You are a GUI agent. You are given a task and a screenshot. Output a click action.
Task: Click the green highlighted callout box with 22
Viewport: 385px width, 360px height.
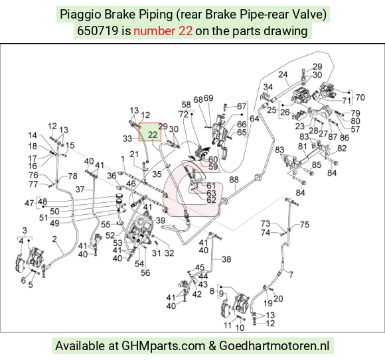pyautogui.click(x=150, y=132)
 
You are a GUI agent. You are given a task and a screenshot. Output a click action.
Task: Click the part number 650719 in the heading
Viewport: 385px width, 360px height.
pyautogui.click(x=98, y=31)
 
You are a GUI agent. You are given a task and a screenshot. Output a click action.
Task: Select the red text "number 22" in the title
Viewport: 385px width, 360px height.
pyautogui.click(x=163, y=31)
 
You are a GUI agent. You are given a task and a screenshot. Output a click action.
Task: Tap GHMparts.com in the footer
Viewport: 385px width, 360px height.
pyautogui.click(x=163, y=346)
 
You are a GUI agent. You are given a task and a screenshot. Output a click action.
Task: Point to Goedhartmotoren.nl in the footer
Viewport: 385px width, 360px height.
pyautogui.click(x=274, y=346)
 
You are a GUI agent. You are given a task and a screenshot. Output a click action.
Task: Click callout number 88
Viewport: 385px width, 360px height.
pyautogui.click(x=234, y=180)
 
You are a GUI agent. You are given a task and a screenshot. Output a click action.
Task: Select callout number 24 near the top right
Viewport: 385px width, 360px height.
pyautogui.click(x=283, y=74)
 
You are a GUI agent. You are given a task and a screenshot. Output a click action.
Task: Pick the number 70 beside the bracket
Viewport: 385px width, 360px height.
pyautogui.click(x=360, y=97)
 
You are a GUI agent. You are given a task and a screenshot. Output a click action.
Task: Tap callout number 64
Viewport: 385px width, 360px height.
pyautogui.click(x=254, y=119)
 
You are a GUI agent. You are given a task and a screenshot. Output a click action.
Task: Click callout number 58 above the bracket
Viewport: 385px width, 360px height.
pyautogui.click(x=186, y=105)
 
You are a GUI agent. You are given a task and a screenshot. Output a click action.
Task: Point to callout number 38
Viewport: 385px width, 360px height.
pyautogui.click(x=226, y=259)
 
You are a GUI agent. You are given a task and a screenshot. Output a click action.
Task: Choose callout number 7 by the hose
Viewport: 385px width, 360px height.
pyautogui.click(x=291, y=274)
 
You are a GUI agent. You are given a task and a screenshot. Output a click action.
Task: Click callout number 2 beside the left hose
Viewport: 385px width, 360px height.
pyautogui.click(x=54, y=239)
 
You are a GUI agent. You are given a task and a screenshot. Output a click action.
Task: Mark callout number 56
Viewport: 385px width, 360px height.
pyautogui.click(x=145, y=272)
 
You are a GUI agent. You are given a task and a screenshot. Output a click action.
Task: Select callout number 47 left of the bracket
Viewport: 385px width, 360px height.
pyautogui.click(x=29, y=204)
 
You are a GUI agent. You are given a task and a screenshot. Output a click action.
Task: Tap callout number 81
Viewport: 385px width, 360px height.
pyautogui.click(x=303, y=147)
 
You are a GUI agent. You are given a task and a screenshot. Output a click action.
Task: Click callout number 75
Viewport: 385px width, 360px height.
pyautogui.click(x=305, y=225)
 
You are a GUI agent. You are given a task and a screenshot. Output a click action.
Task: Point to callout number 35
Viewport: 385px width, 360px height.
pyautogui.click(x=157, y=174)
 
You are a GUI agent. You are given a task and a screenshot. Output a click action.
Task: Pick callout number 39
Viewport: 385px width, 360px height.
pyautogui.click(x=161, y=220)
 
